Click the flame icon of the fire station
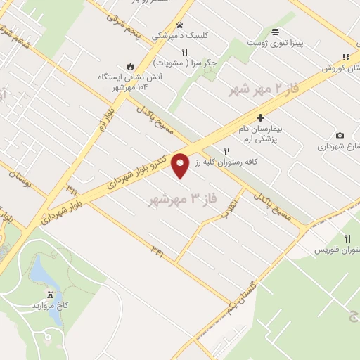pos(128,63)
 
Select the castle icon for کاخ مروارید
pos(50,295)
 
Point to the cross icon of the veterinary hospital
pos(260,117)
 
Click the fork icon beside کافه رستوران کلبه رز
pos(226,150)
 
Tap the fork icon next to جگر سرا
pos(184,51)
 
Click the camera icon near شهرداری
pos(340,135)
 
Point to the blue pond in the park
pos(39,271)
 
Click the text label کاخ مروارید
pos(47,307)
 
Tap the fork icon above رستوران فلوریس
pos(347,239)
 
